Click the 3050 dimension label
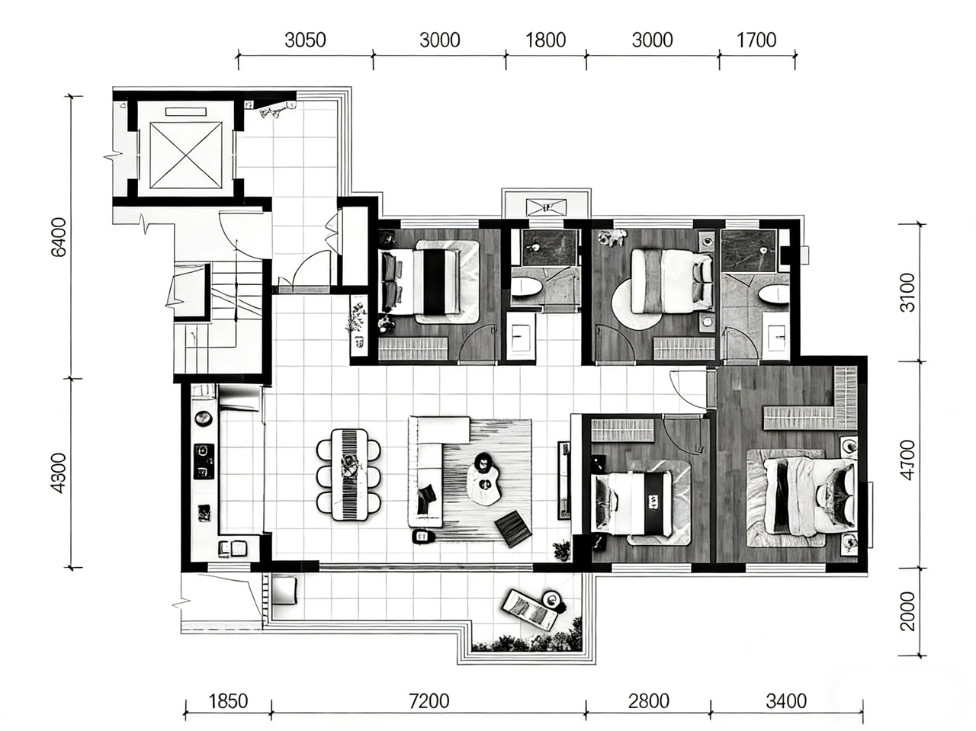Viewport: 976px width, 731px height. point(305,40)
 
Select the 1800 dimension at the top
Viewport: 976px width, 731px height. point(546,40)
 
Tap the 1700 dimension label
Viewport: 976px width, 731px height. point(756,40)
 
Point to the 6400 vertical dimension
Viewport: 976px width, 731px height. point(59,237)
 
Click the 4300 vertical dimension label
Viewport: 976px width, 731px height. point(59,473)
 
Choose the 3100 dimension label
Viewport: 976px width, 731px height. point(907,293)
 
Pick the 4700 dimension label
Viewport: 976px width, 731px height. point(907,460)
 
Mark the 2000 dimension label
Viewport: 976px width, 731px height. point(907,611)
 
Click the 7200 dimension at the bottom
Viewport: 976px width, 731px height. point(429,701)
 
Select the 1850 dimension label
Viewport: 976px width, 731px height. point(228,701)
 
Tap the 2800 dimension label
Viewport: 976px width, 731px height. point(648,701)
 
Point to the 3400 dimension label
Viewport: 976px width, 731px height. point(786,701)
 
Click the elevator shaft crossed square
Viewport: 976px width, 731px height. point(186,155)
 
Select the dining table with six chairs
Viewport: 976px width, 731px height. point(349,474)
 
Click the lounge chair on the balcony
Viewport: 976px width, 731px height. point(529,610)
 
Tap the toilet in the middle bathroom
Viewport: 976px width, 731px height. point(525,287)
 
